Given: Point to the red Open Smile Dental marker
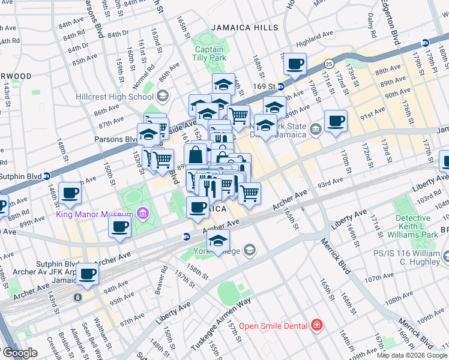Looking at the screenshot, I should coord(316,326).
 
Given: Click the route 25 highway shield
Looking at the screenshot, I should coord(328,62).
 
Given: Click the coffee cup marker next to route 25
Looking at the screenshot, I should coord(295,64).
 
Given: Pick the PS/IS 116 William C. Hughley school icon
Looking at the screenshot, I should coord(445,257).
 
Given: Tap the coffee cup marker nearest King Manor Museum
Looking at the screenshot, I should coord(119,227).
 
